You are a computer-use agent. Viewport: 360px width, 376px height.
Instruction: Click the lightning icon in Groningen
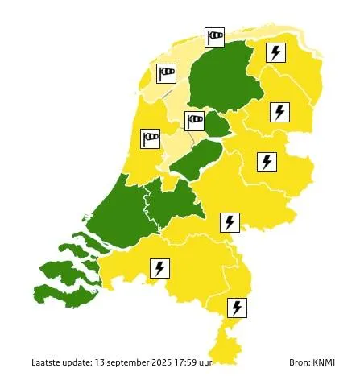coord(276,53)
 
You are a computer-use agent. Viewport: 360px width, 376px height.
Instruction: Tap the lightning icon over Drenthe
coord(279,111)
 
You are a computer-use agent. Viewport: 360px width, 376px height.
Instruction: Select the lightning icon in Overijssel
coord(266,162)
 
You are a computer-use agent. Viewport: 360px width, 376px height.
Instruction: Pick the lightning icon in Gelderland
coord(230,221)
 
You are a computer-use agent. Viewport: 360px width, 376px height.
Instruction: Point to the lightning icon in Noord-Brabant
coord(159,267)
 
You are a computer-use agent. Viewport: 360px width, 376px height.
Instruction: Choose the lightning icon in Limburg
coord(237,308)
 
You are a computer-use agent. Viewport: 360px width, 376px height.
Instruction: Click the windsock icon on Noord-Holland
coord(151,138)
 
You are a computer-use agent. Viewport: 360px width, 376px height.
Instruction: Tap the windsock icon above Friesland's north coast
coord(214,36)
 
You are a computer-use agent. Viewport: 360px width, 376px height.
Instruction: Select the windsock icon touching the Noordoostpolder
coord(195,121)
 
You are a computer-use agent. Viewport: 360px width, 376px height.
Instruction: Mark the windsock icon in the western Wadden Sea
coord(166,73)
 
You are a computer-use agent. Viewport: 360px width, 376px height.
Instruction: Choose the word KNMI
coord(327,362)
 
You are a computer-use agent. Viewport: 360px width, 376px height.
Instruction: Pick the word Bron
coord(300,362)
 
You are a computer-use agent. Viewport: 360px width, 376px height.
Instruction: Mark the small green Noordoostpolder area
coord(217,123)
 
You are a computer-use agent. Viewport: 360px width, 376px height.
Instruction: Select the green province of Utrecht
coord(173,201)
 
